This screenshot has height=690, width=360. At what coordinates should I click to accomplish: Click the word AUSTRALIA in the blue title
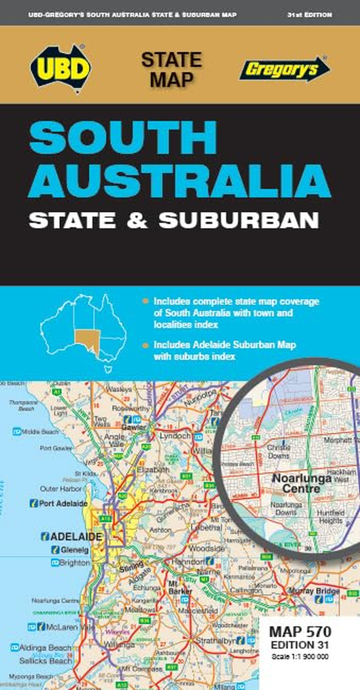pos(180,181)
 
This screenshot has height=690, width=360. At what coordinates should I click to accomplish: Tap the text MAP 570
pos(300,632)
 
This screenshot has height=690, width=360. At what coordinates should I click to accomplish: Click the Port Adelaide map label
pos(63,503)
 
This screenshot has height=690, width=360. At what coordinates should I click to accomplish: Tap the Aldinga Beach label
pos(45,647)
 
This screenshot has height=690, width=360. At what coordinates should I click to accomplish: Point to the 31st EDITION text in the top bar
pos(310,15)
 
